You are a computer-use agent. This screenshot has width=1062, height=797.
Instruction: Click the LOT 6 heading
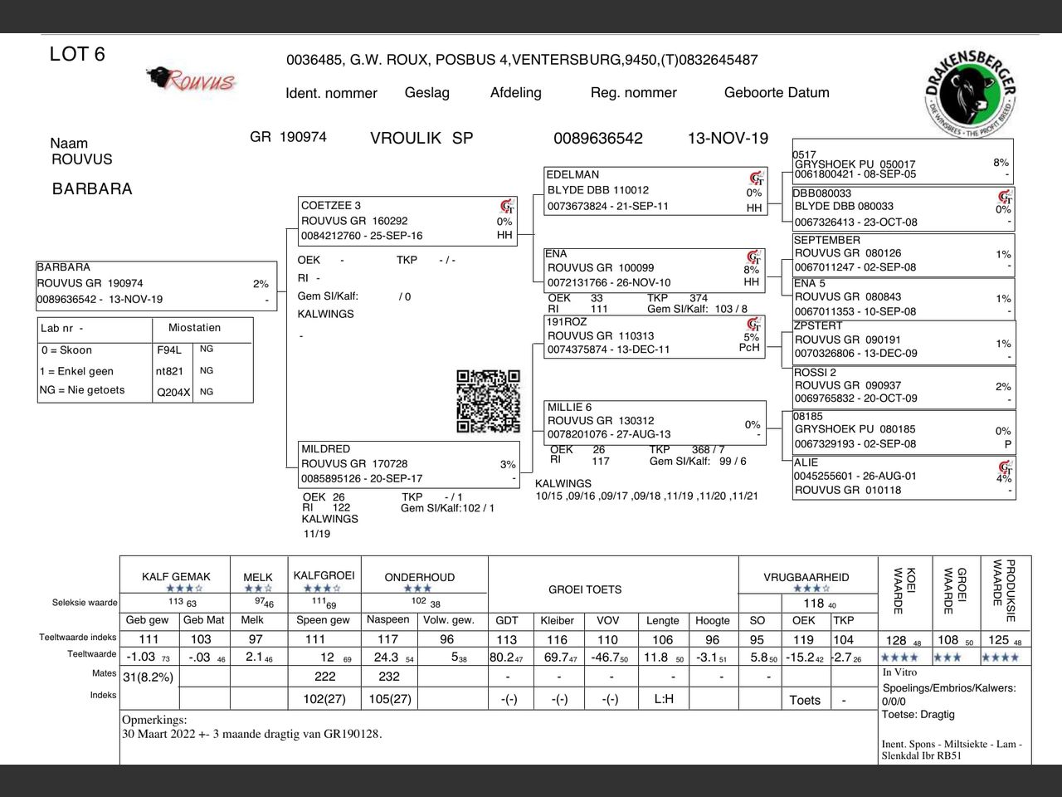point(77,55)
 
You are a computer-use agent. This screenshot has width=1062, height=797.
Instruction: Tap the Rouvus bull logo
point(191,80)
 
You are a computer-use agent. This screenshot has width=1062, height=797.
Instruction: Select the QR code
point(488,401)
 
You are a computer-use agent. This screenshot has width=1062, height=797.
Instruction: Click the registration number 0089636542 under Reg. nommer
point(597,139)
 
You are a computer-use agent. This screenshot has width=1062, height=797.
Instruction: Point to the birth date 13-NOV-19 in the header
point(728,139)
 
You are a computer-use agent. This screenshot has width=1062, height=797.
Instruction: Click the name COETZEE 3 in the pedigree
point(331,205)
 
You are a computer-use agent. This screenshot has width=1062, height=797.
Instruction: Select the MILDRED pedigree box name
point(325,448)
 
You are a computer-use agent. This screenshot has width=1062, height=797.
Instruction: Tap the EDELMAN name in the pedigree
point(572,174)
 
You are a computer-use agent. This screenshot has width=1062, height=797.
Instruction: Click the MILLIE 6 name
point(569,407)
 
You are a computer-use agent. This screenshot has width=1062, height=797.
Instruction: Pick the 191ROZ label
point(566,321)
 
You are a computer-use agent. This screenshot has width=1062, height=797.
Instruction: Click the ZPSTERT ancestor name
point(818,325)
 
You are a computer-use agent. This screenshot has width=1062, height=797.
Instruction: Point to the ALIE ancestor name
point(806,462)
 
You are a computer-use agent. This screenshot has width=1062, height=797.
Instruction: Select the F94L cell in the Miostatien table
point(168,350)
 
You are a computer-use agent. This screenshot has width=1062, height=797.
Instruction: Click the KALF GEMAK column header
point(176,576)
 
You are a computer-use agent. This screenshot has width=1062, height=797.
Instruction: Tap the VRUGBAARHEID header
point(806,576)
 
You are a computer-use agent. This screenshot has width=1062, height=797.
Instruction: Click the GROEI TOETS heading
point(585,589)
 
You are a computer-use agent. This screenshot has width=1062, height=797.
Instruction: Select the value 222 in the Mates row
point(324,677)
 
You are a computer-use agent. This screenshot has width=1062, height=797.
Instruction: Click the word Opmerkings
point(154,720)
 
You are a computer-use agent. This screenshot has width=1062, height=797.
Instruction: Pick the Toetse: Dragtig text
point(918,714)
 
